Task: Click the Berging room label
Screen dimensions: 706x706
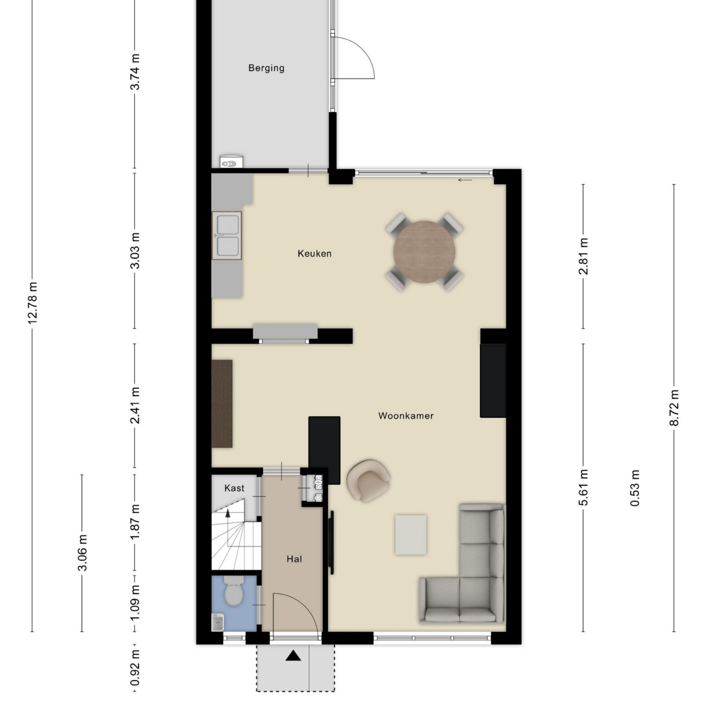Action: [x=266, y=68]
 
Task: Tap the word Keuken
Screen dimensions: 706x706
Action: [x=314, y=253]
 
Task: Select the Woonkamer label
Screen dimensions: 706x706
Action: [x=406, y=416]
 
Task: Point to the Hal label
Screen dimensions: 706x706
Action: [x=294, y=559]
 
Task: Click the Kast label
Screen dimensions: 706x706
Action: [x=234, y=488]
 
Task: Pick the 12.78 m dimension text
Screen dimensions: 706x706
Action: [x=33, y=303]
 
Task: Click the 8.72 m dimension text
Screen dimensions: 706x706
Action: [x=674, y=408]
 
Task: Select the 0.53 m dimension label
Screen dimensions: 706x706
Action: [x=635, y=488]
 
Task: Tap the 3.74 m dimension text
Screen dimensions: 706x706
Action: [x=135, y=72]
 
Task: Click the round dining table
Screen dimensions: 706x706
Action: [x=424, y=252]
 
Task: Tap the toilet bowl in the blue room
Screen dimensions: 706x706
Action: [x=233, y=592]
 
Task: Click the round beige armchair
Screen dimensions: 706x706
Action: [x=369, y=480]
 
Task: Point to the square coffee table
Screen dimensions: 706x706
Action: [x=410, y=535]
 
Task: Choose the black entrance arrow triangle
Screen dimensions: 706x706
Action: [x=293, y=655]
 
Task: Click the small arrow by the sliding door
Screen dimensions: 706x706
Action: [x=465, y=180]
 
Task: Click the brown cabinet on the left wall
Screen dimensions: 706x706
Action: [x=222, y=404]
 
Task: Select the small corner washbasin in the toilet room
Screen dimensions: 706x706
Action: [x=217, y=622]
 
